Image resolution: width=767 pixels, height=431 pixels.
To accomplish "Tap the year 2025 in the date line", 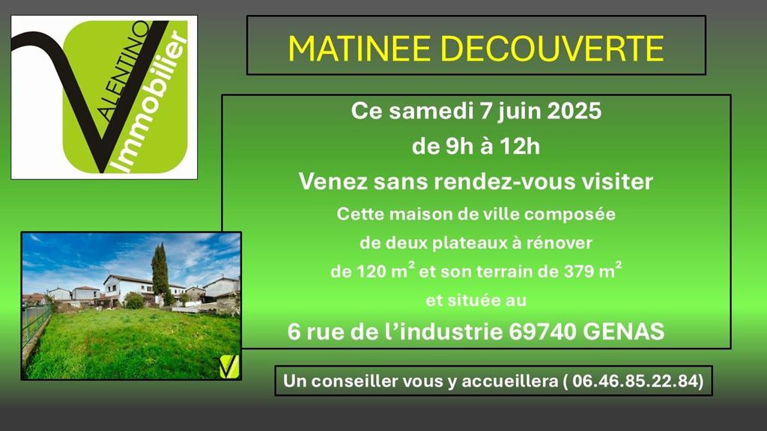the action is (575, 111).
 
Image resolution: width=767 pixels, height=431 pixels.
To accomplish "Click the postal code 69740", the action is (542, 331).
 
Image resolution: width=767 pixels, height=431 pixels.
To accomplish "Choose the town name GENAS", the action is (624, 331).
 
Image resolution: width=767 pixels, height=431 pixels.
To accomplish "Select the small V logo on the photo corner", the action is (229, 367).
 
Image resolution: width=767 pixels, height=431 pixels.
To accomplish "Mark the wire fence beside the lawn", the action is (36, 325).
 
